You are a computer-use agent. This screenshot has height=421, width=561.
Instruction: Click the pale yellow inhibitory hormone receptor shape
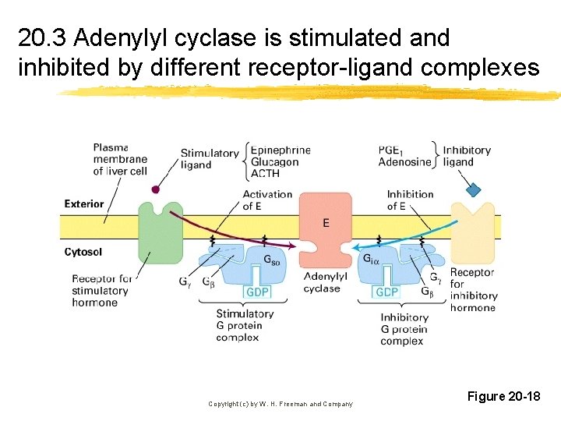click(471, 234)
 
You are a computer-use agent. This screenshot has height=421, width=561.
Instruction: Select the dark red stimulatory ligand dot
click(156, 189)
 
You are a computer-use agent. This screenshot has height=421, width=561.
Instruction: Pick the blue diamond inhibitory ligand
click(472, 189)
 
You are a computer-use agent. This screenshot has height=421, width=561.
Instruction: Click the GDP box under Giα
click(386, 292)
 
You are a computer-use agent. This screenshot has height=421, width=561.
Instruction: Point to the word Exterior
click(83, 204)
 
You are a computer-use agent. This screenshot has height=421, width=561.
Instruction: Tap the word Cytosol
click(83, 252)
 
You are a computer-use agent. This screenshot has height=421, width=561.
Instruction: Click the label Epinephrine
click(281, 150)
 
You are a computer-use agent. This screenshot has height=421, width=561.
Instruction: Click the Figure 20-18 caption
click(503, 397)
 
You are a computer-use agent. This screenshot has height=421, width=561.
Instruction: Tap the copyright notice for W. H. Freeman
click(280, 404)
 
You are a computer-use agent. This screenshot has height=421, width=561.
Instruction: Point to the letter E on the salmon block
click(325, 224)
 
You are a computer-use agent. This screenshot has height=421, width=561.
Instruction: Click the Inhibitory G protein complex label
click(404, 329)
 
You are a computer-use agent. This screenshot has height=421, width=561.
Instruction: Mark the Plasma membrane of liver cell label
click(119, 159)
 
